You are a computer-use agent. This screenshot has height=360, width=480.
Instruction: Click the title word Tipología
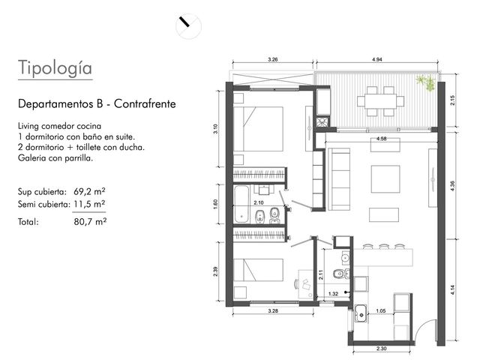pos(55,67)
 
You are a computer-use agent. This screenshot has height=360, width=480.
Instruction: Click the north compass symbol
pos(188,26)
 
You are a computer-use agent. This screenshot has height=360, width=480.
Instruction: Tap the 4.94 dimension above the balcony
pos(376,60)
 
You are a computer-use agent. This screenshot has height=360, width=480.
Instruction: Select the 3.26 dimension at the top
pos(272,60)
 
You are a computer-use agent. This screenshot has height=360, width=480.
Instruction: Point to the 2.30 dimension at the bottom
pos(382,348)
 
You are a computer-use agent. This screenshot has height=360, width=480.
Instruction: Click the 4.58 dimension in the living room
pos(381,139)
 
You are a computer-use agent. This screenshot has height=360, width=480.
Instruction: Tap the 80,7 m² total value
pos(90,221)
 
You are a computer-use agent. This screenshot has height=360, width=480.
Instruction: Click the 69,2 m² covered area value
pos(89,192)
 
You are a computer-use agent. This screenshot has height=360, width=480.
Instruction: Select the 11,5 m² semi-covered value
pos(89,204)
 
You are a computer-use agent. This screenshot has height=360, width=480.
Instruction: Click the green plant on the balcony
pos(426,82)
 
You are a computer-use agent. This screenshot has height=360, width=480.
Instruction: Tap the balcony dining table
pos(380,101)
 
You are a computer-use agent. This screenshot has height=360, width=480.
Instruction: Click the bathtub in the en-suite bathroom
pos(242,204)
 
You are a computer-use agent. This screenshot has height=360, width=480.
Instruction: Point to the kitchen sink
pos(361,313)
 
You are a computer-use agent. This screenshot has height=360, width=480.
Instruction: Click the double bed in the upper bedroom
pos(258,129)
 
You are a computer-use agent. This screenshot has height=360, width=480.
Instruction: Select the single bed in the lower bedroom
pos(258,270)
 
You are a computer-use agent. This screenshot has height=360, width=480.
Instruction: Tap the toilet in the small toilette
pos(340,272)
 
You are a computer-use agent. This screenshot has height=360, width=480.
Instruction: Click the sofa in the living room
pos(339,179)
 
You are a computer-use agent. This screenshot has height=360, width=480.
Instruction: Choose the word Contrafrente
pos(145,104)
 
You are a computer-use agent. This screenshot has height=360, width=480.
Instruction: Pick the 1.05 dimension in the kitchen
pos(380,311)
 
